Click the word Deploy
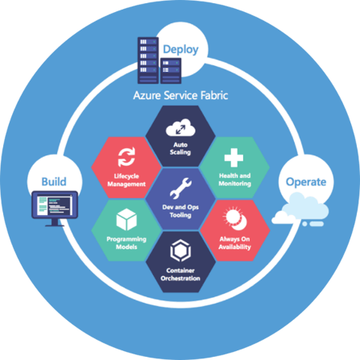180,50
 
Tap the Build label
54,182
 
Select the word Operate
306,182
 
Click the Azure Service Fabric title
180,96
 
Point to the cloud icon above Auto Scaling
180,128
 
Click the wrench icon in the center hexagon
180,188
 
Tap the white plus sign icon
234,158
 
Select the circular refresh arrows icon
126,157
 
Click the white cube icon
126,220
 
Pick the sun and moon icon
235,218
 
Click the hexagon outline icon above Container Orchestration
180,250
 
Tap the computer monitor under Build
55,209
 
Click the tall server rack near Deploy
148,60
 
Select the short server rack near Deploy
171,71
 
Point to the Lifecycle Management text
126,180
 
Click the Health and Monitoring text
234,180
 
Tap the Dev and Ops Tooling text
180,211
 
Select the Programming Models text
126,242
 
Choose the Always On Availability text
234,243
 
